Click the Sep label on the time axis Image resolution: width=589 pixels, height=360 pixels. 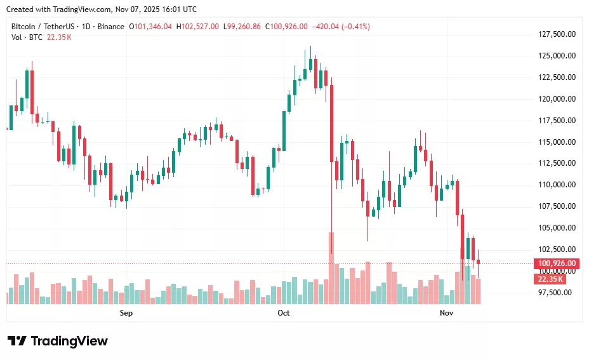(126, 313)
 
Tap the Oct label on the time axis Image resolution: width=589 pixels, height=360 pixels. (284, 313)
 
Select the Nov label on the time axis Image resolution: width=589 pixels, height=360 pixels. (447, 313)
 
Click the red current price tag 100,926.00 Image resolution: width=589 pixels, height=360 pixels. (557, 263)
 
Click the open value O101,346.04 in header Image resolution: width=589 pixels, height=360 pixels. (150, 27)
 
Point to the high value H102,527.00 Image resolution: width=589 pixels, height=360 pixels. (197, 27)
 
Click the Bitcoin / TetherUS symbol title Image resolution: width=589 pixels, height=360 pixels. (42, 27)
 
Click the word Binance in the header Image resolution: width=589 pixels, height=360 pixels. (111, 27)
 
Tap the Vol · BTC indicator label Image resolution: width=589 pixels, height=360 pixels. (27, 37)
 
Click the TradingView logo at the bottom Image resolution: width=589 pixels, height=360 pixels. (58, 341)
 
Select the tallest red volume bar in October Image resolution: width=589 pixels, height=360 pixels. (331, 267)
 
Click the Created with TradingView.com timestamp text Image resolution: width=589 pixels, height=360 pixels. (102, 9)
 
